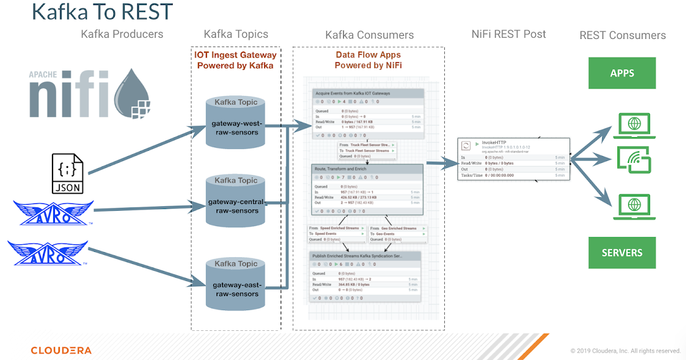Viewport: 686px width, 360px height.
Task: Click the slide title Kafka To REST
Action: pos(102,12)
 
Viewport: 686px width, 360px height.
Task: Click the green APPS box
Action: pos(622,73)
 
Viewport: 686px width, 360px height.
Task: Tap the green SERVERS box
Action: pos(622,253)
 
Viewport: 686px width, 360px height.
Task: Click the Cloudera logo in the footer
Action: pos(61,350)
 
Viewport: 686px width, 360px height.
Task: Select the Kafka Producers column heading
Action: pos(122,34)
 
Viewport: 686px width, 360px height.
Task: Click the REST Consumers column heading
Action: pos(623,35)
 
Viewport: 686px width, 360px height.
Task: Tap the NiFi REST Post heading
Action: pos(508,34)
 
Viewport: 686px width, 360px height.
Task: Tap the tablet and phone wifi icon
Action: pos(634,160)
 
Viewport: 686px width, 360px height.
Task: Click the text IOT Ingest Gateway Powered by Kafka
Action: pos(236,61)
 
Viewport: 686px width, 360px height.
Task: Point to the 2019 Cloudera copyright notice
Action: pos(625,351)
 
